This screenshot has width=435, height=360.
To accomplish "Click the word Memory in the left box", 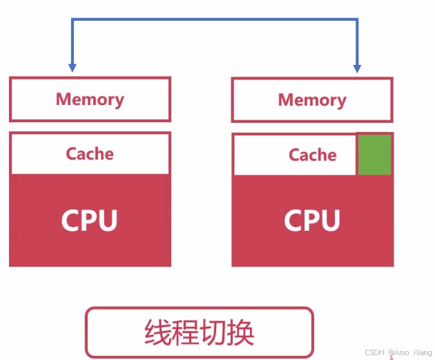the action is [x=90, y=100].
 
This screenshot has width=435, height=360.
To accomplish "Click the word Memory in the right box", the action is [x=312, y=100].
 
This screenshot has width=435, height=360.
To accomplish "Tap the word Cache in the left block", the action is [x=90, y=153].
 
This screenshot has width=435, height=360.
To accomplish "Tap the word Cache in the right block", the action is [x=312, y=155].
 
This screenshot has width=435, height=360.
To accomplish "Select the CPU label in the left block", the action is [x=89, y=220].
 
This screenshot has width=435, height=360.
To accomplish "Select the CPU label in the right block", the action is [x=312, y=221].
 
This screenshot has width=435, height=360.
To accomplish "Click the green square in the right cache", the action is [x=374, y=155].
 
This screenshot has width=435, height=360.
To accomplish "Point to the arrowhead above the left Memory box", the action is [x=72, y=68].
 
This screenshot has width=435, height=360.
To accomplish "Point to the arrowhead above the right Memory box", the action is [x=357, y=68].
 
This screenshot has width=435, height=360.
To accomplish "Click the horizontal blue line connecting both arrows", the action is [x=214, y=20].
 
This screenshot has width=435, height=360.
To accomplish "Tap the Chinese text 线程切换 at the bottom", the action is [x=200, y=332].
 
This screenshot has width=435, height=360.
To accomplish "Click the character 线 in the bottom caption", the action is [x=157, y=332].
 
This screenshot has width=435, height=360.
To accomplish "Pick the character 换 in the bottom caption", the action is [x=242, y=332].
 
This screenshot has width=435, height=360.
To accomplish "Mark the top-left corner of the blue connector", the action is [x=72, y=20].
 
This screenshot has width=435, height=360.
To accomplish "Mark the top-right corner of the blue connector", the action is [x=357, y=20].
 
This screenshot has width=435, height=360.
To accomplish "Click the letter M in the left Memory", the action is [x=64, y=100].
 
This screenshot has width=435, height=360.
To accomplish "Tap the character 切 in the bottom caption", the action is [x=213, y=332].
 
